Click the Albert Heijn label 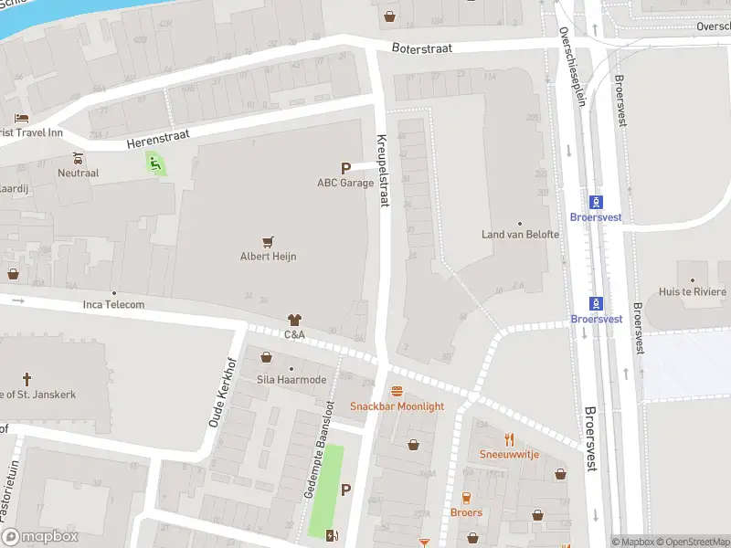tap(268, 257)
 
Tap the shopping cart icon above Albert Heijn tap(268, 242)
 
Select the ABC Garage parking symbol tap(345, 168)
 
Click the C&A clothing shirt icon tap(293, 321)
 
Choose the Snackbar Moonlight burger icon tap(397, 391)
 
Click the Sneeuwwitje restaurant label tap(509, 454)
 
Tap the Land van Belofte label tap(519, 235)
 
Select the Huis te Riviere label tap(693, 292)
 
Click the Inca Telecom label tap(113, 304)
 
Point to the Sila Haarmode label tap(291, 379)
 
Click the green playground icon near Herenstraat tap(155, 164)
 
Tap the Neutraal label tap(78, 172)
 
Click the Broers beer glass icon tap(466, 498)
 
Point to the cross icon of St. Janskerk tap(26, 379)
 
